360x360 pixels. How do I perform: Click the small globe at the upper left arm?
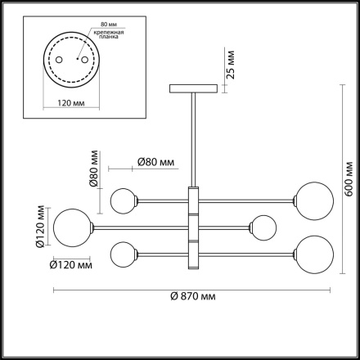tap(123, 199)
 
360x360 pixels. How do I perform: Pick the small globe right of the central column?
tap(263, 226)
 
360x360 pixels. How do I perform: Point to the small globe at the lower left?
tap(123, 252)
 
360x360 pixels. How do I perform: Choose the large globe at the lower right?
tap(313, 252)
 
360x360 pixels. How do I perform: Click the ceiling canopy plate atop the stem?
tap(194, 88)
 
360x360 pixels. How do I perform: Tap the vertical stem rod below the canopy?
tap(194, 139)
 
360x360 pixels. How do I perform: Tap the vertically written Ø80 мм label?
tap(95, 169)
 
